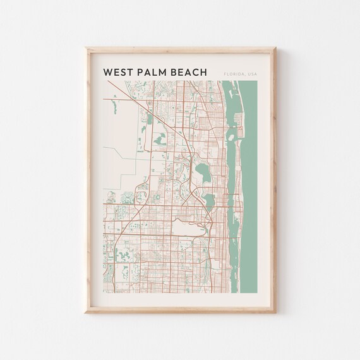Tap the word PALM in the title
(154, 73)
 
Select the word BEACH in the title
(189, 73)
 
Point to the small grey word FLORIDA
(232, 75)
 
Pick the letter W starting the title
(107, 73)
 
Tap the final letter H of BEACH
(203, 73)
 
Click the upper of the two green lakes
(201, 171)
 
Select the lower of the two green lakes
(208, 201)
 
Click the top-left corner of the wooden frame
(85, 47)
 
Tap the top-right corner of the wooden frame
(275, 47)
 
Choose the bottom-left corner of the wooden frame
(85, 312)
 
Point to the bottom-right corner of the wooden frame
(275, 312)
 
